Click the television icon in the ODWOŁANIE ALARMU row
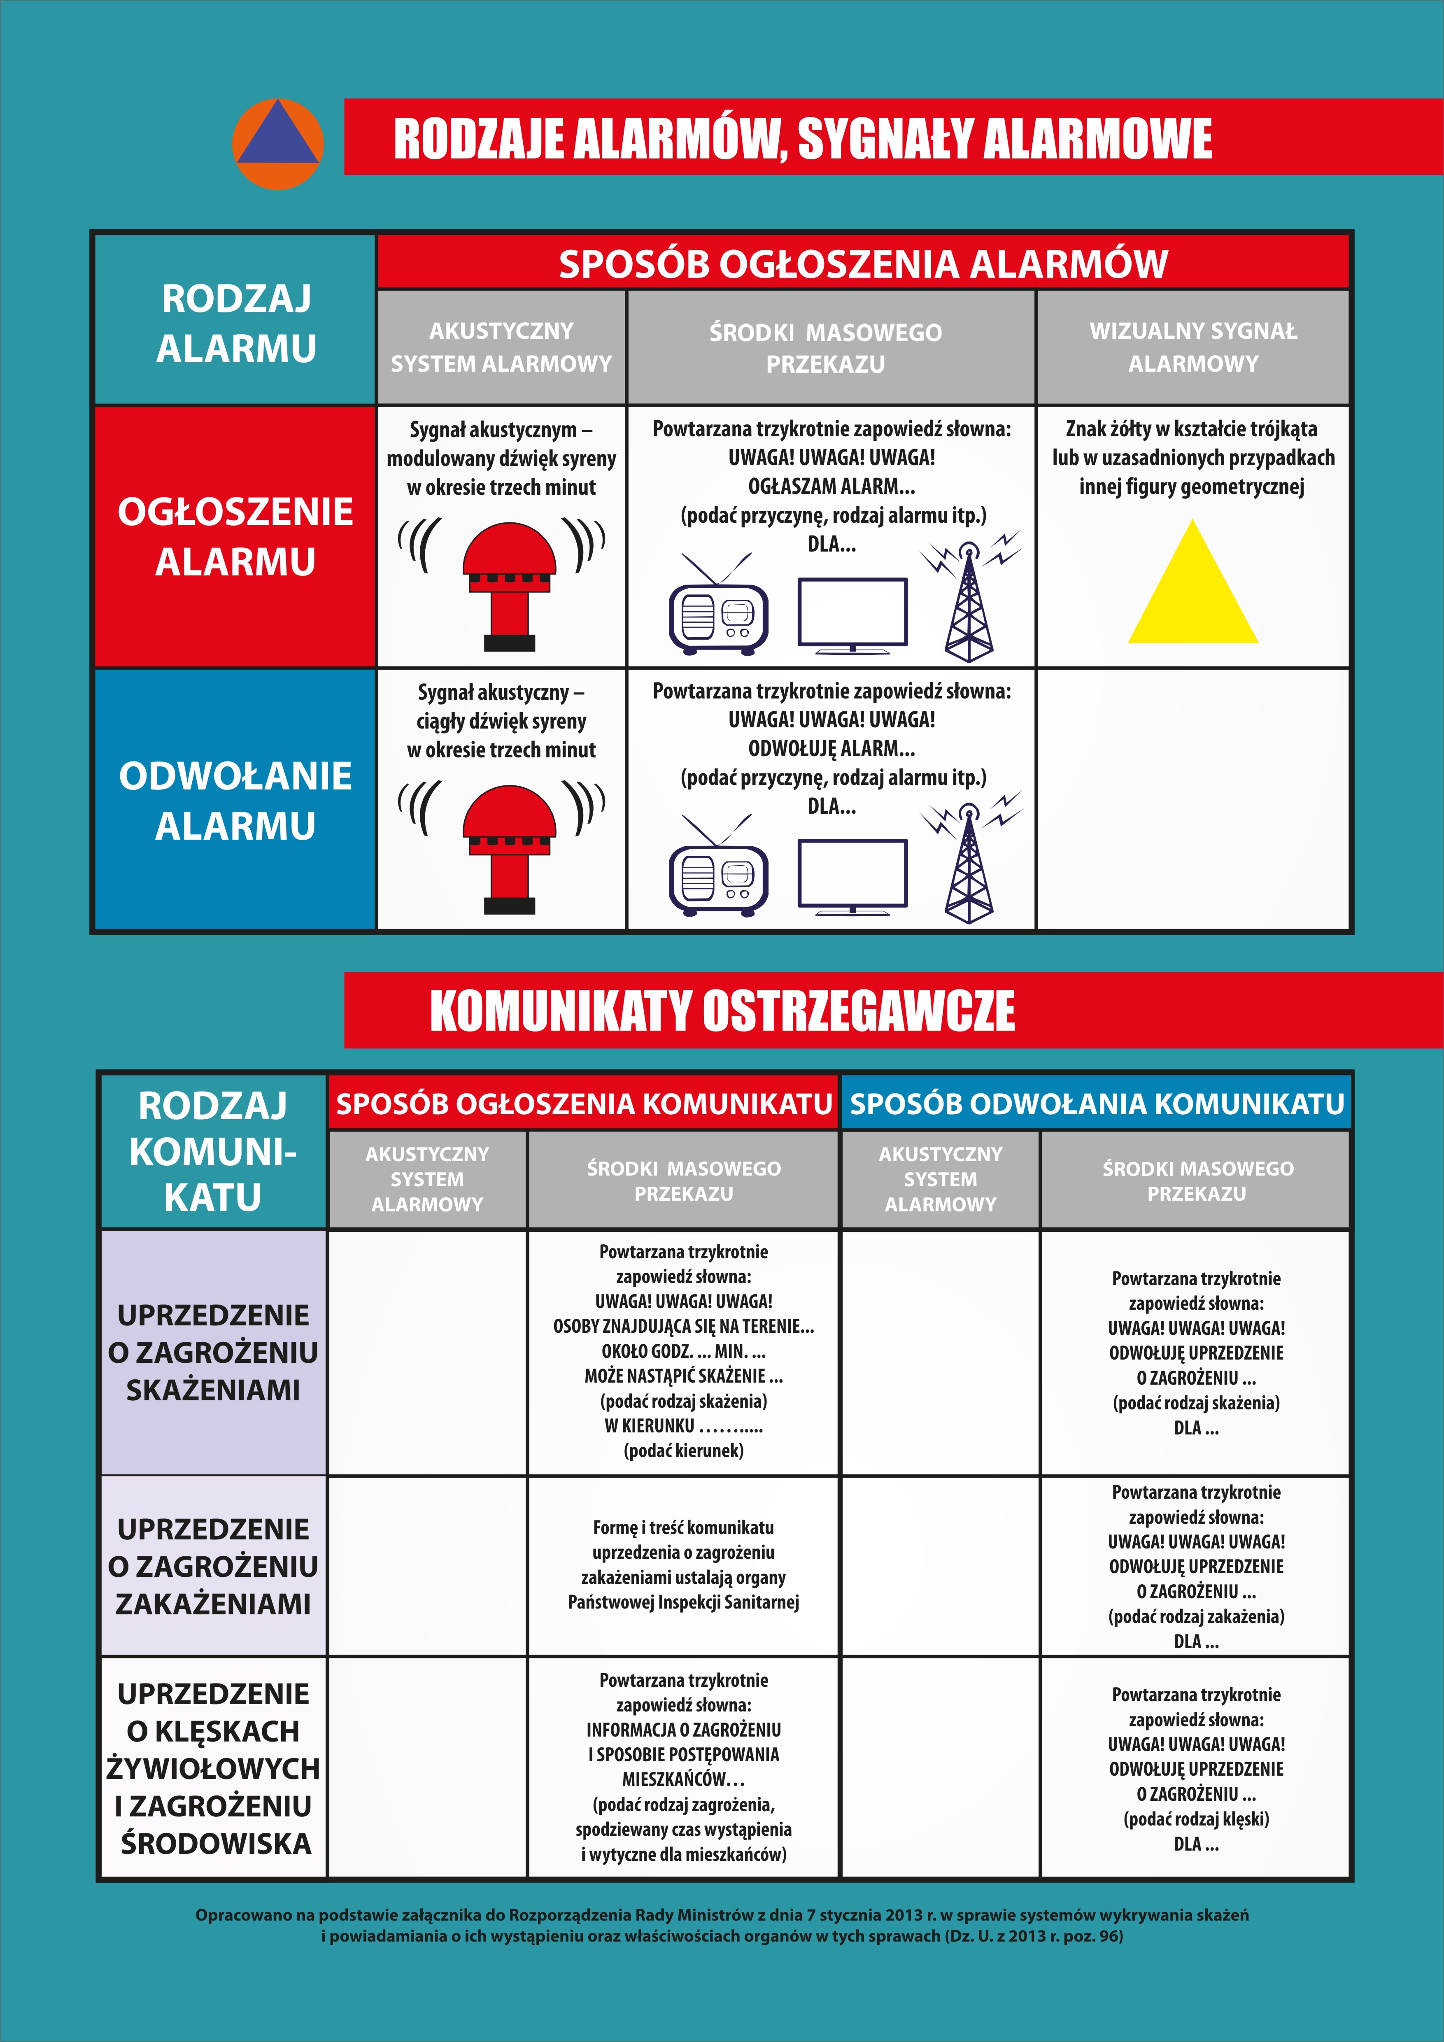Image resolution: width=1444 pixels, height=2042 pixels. [853, 876]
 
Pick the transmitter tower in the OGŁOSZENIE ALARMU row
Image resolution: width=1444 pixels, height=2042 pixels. [969, 605]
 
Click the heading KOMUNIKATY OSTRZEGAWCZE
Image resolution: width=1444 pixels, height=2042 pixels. [722, 1011]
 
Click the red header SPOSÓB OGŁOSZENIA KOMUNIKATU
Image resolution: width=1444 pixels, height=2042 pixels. [583, 1104]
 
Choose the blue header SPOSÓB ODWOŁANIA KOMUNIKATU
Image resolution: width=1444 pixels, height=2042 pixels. [1096, 1104]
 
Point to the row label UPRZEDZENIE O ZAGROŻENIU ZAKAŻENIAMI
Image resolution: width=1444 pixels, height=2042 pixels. [213, 1566]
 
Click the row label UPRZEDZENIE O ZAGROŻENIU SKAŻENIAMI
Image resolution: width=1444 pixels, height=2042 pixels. [213, 1352]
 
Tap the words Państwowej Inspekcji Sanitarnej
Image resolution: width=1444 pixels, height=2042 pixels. [683, 1602]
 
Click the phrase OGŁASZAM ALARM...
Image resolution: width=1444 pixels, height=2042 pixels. [831, 487]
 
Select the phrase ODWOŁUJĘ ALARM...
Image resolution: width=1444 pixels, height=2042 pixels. [831, 748]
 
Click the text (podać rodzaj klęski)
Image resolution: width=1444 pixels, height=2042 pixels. [1196, 1819]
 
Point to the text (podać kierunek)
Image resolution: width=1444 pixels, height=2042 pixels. [683, 1451]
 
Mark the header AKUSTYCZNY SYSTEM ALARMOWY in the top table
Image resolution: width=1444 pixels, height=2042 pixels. [501, 347]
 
